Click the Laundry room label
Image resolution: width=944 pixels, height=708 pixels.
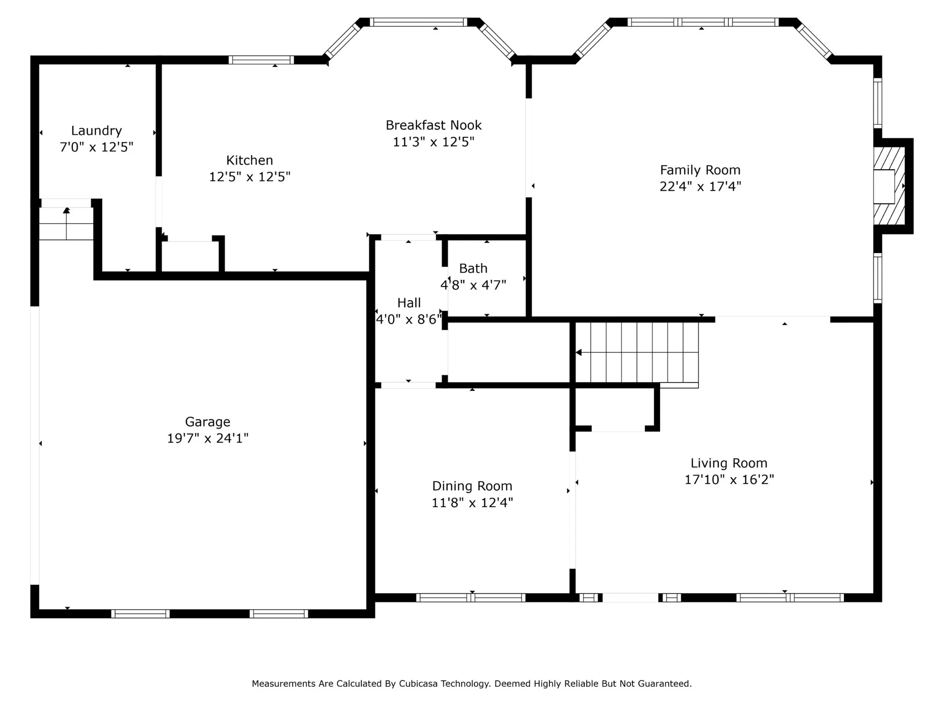[96, 131]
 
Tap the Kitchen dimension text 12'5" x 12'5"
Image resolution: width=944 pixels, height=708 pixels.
[250, 177]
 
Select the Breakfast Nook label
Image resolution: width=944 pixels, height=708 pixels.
[434, 125]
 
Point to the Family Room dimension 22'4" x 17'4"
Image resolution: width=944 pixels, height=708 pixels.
[700, 187]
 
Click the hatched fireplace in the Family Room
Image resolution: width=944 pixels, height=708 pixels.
[889, 186]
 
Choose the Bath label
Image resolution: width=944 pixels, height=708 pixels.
[473, 268]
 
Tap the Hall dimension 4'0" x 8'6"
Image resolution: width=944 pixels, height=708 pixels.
[409, 319]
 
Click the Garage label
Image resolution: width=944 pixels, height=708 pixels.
[207, 422]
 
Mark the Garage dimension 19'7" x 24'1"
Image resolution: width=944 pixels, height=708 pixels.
[207, 438]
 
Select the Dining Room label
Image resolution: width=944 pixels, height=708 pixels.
[472, 486]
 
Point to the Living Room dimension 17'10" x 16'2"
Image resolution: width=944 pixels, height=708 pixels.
[729, 480]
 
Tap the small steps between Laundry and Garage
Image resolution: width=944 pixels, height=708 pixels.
[66, 224]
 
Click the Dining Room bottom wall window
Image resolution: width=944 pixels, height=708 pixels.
[471, 598]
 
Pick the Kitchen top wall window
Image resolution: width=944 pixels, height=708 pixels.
[261, 60]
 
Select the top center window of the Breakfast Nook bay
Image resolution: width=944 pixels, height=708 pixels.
[419, 22]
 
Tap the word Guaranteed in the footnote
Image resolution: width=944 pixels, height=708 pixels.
[665, 684]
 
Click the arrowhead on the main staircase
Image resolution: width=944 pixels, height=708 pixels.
[578, 353]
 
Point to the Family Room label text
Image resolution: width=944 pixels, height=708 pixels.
[700, 171]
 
